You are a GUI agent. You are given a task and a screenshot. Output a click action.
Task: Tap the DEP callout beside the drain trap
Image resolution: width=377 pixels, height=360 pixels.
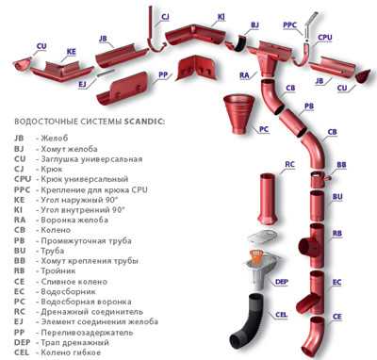(x=281, y=282)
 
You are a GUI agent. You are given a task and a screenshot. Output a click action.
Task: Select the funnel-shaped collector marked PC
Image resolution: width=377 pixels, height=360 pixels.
(x=238, y=113)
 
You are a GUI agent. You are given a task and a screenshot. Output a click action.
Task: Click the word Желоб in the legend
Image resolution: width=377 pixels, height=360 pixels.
(x=55, y=138)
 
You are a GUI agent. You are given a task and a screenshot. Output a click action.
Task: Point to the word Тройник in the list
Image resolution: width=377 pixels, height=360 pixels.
(x=58, y=270)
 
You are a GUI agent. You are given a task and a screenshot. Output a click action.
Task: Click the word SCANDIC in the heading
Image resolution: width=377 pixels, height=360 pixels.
(x=144, y=122)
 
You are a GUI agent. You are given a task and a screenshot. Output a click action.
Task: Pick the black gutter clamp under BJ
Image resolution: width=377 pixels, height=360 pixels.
(x=240, y=43)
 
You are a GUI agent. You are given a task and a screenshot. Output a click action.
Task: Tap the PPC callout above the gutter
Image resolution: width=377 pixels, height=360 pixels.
(x=289, y=25)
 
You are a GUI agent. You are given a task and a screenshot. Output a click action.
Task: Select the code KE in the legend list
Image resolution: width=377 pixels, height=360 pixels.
(x=19, y=200)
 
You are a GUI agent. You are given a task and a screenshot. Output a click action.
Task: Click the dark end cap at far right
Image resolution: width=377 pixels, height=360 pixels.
(x=362, y=76)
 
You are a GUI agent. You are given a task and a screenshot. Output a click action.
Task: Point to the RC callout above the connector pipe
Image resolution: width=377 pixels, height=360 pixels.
(x=289, y=164)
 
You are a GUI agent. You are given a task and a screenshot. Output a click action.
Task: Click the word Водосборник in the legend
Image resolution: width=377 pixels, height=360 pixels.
(x=68, y=291)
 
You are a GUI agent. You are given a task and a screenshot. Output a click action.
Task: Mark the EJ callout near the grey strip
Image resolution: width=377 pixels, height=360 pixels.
(x=82, y=85)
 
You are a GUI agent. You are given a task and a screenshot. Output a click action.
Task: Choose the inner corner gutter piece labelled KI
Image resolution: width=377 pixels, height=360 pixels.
(x=196, y=36)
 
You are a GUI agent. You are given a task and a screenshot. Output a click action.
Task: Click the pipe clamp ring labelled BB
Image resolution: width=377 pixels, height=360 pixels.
(x=319, y=179)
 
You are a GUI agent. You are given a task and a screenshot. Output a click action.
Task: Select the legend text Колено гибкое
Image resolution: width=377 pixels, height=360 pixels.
(x=71, y=352)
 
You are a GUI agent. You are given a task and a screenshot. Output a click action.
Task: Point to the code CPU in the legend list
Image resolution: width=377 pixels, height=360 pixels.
(x=23, y=179)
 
